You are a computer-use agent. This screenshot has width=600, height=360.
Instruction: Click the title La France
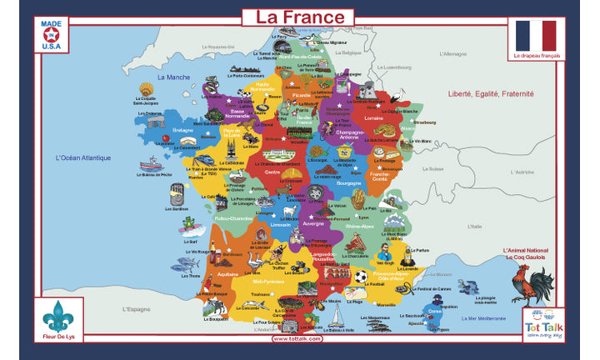(299, 17)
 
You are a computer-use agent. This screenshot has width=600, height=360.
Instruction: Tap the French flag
(535, 36)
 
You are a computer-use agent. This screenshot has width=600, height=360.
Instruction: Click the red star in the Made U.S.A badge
(51, 35)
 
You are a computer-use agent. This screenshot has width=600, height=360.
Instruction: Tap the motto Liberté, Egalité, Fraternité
(490, 94)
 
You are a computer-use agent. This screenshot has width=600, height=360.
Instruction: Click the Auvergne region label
(312, 224)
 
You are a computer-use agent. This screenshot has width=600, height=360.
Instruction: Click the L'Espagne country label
(135, 309)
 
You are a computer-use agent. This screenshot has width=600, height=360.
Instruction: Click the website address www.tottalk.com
(297, 339)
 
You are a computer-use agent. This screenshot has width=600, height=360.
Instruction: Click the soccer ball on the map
(360, 276)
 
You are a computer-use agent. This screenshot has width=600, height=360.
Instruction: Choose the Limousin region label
(281, 225)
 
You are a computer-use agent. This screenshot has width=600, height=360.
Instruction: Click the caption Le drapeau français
(537, 56)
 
